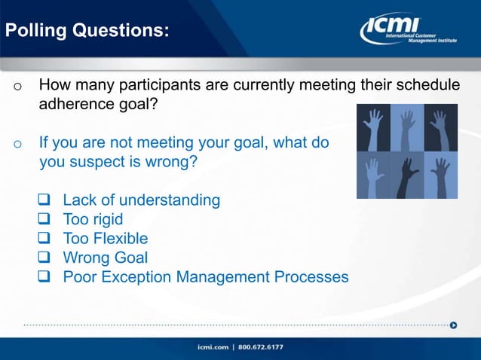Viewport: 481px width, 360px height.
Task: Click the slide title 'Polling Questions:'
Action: (x=87, y=32)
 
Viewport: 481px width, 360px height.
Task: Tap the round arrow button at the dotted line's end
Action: (x=453, y=325)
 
